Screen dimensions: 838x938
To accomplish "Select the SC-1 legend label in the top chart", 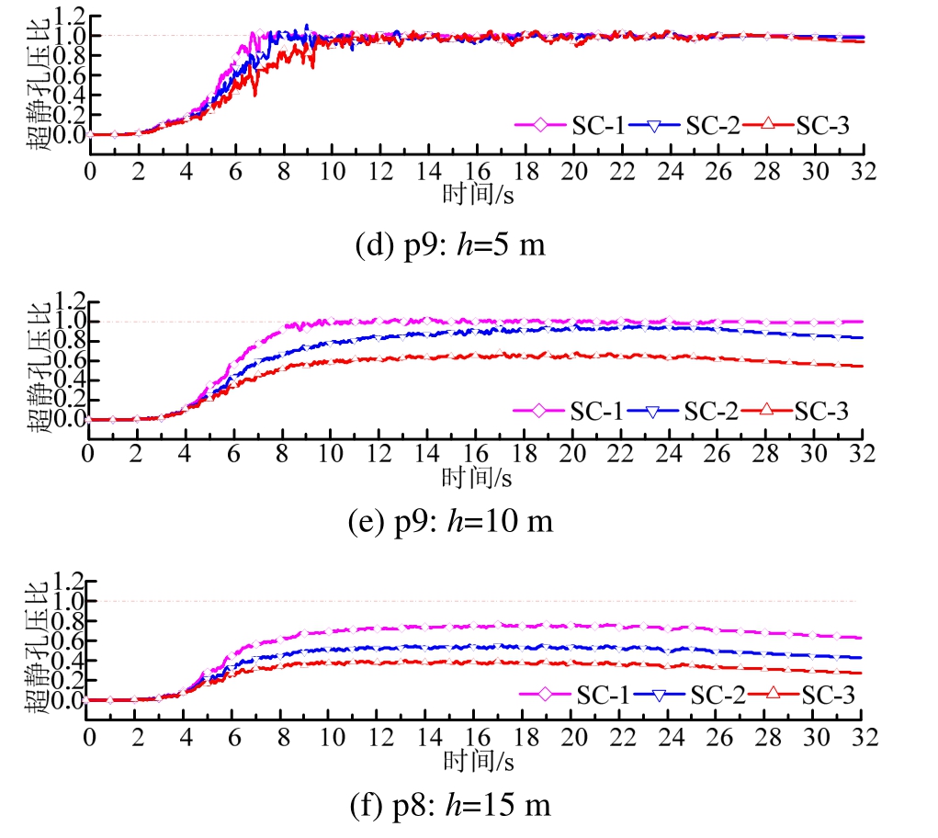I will (597, 126).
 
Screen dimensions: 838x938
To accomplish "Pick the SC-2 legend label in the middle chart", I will (710, 411).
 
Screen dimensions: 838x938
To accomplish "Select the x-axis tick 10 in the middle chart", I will (330, 456).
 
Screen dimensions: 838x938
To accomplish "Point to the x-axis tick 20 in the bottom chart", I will (573, 738).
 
